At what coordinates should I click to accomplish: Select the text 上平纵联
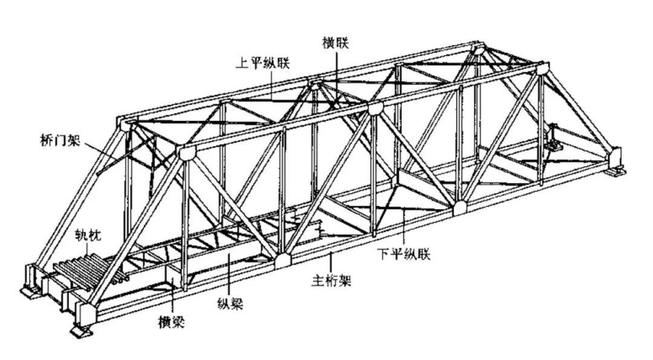[x=262, y=62]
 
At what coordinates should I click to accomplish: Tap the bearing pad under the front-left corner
[x=82, y=331]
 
